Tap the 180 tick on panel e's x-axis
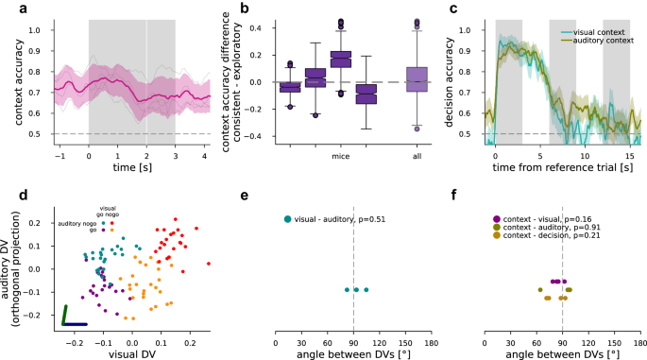tap(431, 334)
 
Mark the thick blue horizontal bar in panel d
tap(76, 324)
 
